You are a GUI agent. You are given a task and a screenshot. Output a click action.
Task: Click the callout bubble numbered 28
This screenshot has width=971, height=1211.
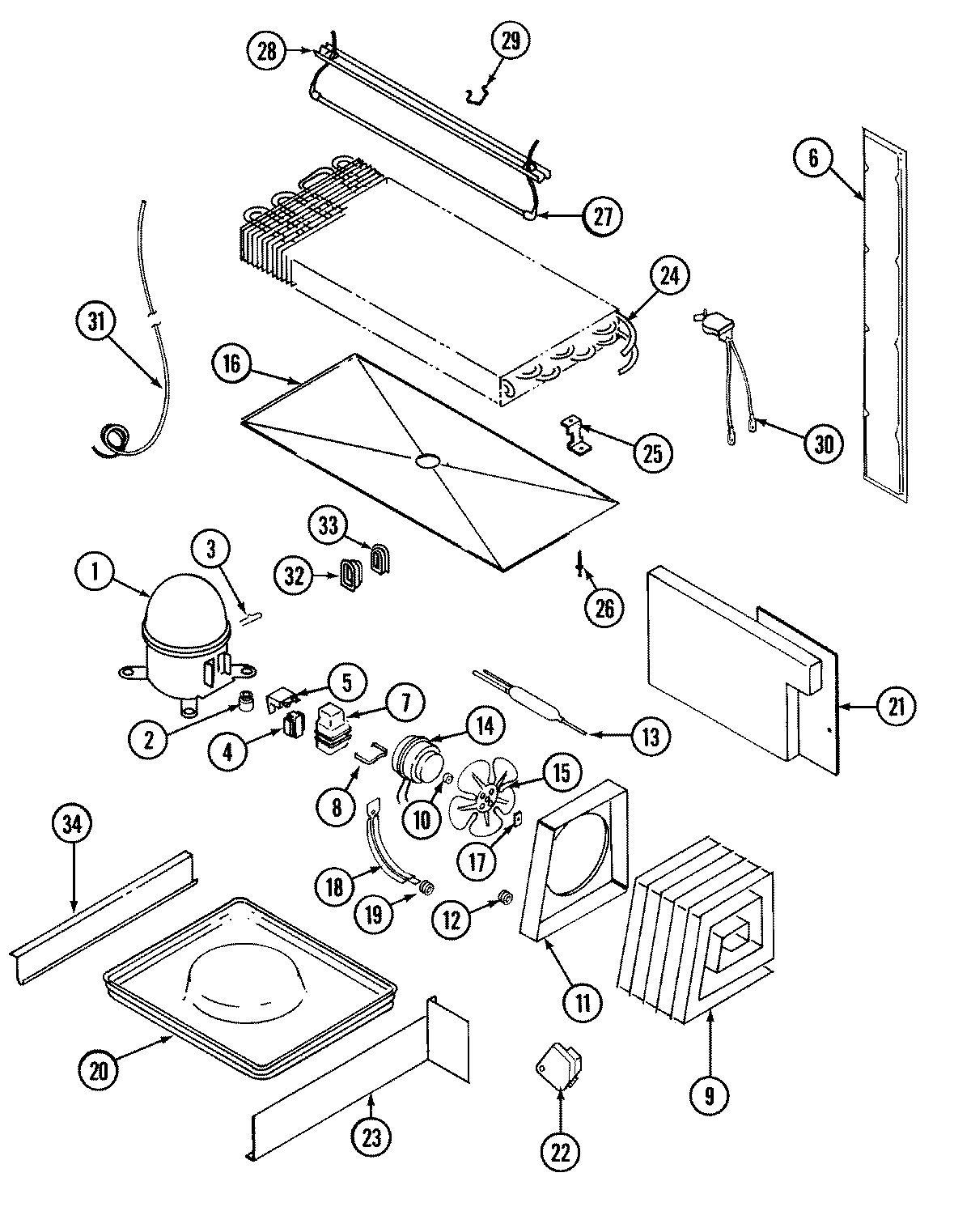pyautogui.click(x=267, y=53)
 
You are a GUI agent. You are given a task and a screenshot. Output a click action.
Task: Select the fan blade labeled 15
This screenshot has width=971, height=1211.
pyautogui.click(x=481, y=800)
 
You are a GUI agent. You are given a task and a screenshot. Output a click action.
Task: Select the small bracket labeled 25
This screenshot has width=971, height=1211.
pyautogui.click(x=576, y=434)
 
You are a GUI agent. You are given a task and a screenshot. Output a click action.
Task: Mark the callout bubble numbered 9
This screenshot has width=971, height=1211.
pyautogui.click(x=710, y=1095)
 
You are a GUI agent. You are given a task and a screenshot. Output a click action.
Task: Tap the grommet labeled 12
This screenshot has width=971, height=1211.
pyautogui.click(x=505, y=897)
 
